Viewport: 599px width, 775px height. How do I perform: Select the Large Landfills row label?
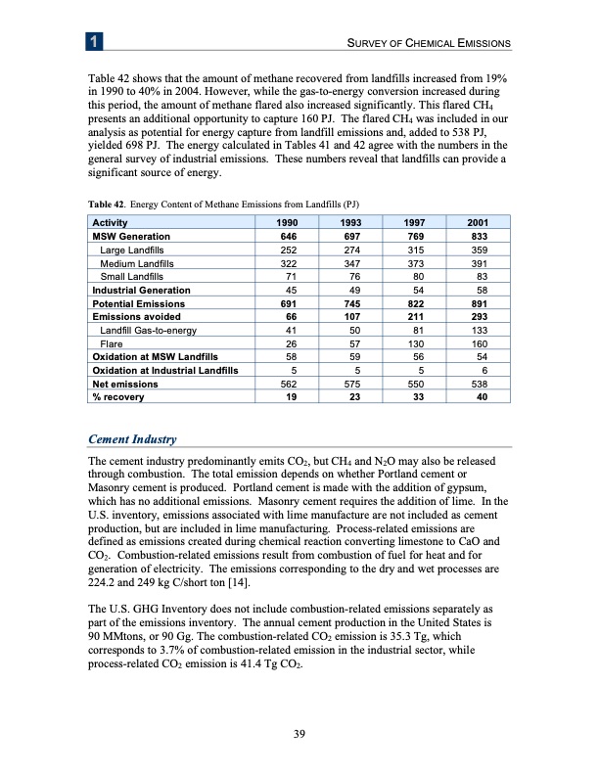[130, 250]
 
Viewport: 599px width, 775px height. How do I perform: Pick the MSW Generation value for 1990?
[260, 237]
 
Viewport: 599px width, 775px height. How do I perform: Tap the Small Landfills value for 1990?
[260, 277]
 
